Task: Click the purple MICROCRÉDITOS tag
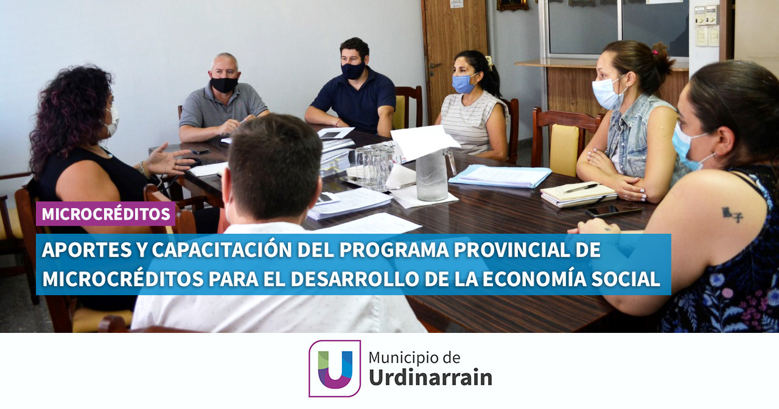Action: click(x=105, y=214)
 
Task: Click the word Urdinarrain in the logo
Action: click(x=430, y=378)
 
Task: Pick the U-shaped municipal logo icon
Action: click(x=335, y=369)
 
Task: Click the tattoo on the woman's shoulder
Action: click(x=732, y=214)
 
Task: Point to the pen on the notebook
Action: click(x=580, y=188)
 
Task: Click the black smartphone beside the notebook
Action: click(x=613, y=210)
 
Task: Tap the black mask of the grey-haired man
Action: click(x=224, y=85)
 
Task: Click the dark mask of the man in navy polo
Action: click(x=352, y=70)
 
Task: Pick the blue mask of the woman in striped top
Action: click(x=463, y=84)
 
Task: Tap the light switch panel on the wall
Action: click(x=707, y=26)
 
